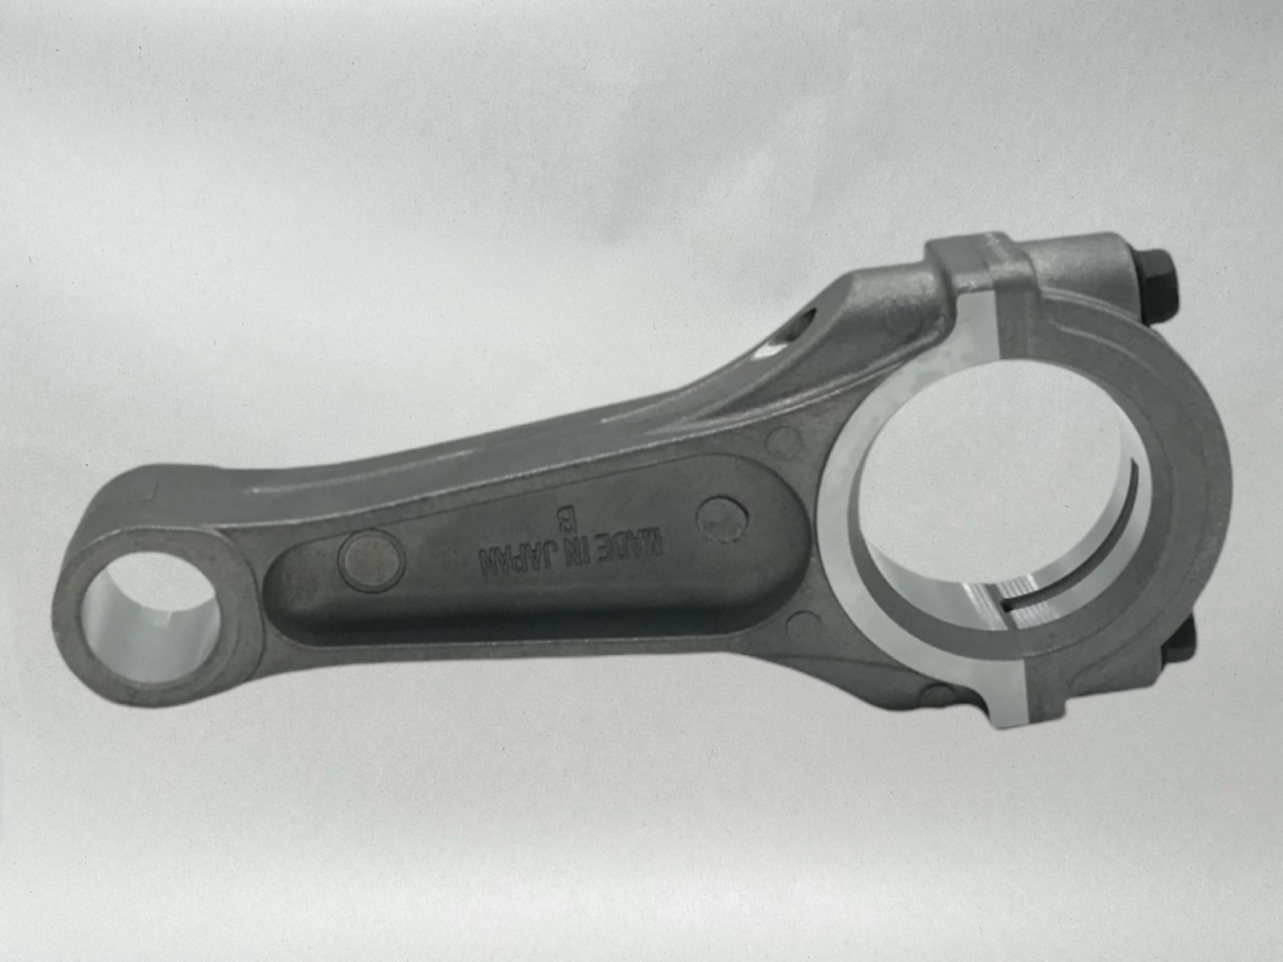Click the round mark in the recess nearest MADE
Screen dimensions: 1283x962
coord(722,519)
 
